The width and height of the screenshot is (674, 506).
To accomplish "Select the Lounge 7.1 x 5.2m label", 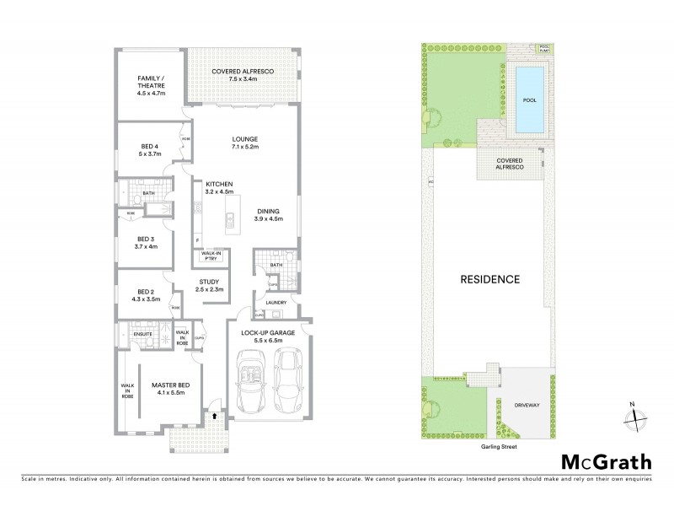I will click(x=245, y=143).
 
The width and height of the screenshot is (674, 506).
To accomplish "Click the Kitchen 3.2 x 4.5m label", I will click(x=217, y=188).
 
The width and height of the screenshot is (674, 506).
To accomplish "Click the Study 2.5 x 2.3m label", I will click(x=209, y=285).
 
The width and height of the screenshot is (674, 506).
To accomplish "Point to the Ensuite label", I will click(x=142, y=334).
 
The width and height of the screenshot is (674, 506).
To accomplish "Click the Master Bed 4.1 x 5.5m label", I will click(x=170, y=389).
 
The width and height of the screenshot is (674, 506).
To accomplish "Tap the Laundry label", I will click(x=276, y=302).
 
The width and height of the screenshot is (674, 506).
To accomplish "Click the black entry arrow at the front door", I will click(x=214, y=415).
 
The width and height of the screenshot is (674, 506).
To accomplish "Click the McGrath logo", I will click(x=606, y=461).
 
